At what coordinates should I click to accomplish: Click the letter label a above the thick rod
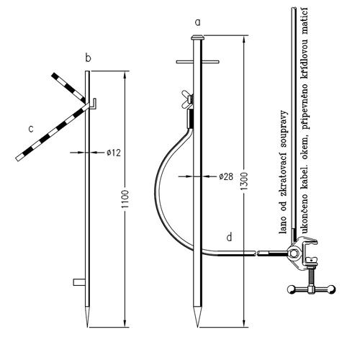pyautogui.click(x=197, y=23)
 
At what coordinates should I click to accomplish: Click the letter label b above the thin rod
pyautogui.click(x=89, y=58)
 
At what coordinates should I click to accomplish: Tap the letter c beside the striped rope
pyautogui.click(x=31, y=129)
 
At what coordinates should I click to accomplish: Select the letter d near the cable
pyautogui.click(x=230, y=237)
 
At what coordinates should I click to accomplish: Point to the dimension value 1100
pyautogui.click(x=125, y=199)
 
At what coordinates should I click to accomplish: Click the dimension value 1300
pyautogui.click(x=245, y=181)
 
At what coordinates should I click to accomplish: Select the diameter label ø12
pyautogui.click(x=114, y=153)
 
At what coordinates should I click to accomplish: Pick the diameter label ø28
pyautogui.click(x=226, y=176)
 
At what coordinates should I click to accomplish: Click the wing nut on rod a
pyautogui.click(x=187, y=99)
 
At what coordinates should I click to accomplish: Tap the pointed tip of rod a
pyautogui.click(x=197, y=326)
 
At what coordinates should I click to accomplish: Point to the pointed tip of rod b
pyautogui.click(x=87, y=326)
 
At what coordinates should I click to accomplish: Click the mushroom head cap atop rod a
pyautogui.click(x=197, y=37)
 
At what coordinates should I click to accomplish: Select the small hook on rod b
pyautogui.click(x=94, y=104)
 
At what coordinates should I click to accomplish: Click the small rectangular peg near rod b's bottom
pyautogui.click(x=79, y=282)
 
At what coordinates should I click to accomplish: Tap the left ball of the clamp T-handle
pyautogui.click(x=292, y=289)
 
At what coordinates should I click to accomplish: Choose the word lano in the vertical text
pyautogui.click(x=283, y=225)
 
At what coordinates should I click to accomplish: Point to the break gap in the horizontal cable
pyautogui.click(x=256, y=253)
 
